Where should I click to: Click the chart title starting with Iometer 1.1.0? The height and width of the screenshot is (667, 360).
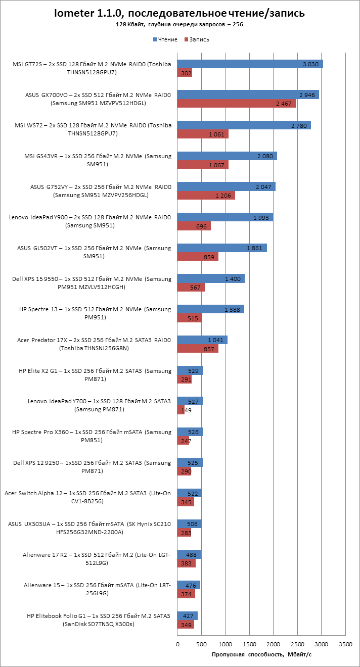click(x=179, y=13)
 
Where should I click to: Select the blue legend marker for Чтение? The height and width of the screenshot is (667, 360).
click(x=155, y=39)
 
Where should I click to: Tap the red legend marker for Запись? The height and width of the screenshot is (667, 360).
click(x=186, y=39)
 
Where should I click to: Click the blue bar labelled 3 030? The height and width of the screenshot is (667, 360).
click(x=250, y=64)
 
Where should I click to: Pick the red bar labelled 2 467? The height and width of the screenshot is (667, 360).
click(x=236, y=104)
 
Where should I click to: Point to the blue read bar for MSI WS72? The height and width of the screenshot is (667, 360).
click(x=244, y=125)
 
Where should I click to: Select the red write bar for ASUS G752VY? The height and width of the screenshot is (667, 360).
click(x=206, y=196)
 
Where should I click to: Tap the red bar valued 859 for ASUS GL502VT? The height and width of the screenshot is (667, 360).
click(x=198, y=257)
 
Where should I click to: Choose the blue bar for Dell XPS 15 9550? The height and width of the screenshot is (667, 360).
click(x=211, y=278)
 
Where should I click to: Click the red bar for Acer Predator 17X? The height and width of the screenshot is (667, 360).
click(x=198, y=349)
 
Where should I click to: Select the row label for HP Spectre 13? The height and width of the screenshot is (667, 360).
click(x=95, y=313)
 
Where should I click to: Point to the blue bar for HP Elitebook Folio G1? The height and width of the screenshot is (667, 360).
click(x=187, y=615)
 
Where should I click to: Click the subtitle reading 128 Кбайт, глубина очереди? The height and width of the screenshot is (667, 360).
click(x=179, y=24)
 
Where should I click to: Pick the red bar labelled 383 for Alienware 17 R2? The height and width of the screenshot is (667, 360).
click(x=186, y=563)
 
